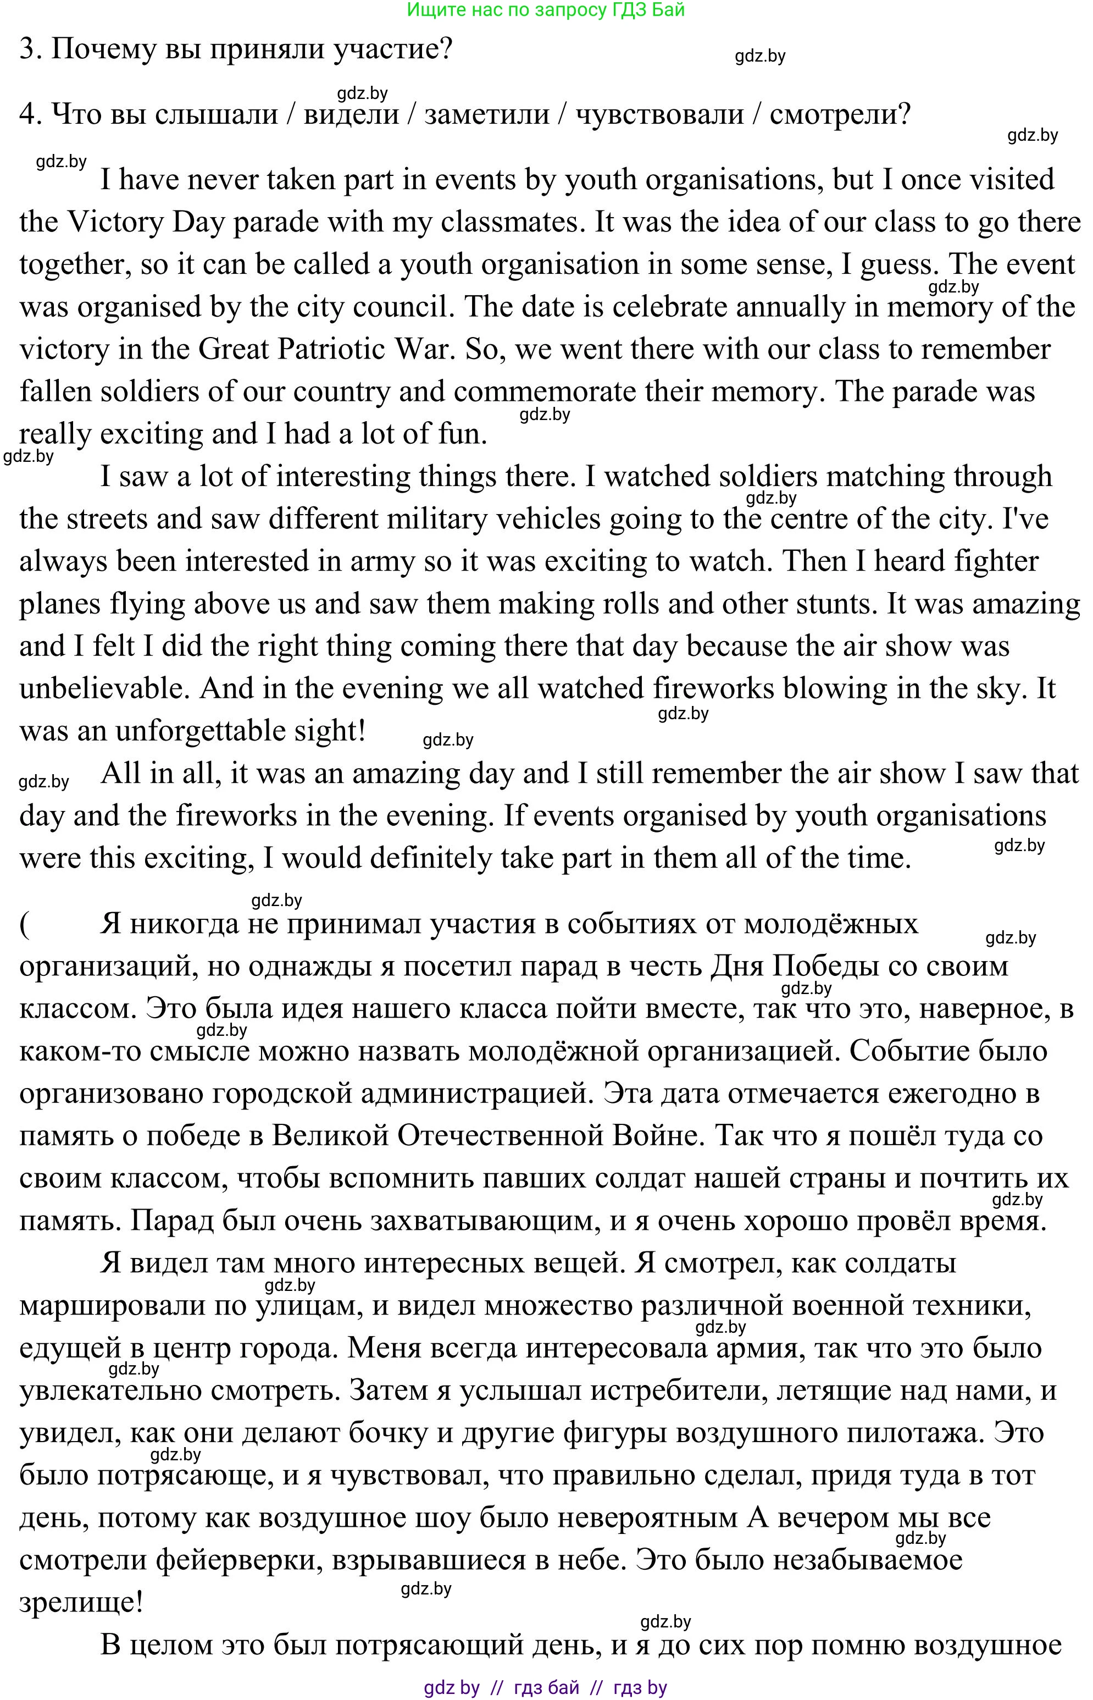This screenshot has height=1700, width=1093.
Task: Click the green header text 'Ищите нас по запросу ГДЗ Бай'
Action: pyautogui.click(x=546, y=10)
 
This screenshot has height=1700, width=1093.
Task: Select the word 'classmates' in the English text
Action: pyautogui.click(x=509, y=222)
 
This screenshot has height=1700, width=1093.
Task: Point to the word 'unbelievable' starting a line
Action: pyautogui.click(x=102, y=689)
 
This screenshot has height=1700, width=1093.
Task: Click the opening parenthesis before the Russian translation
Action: pyautogui.click(x=25, y=925)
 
